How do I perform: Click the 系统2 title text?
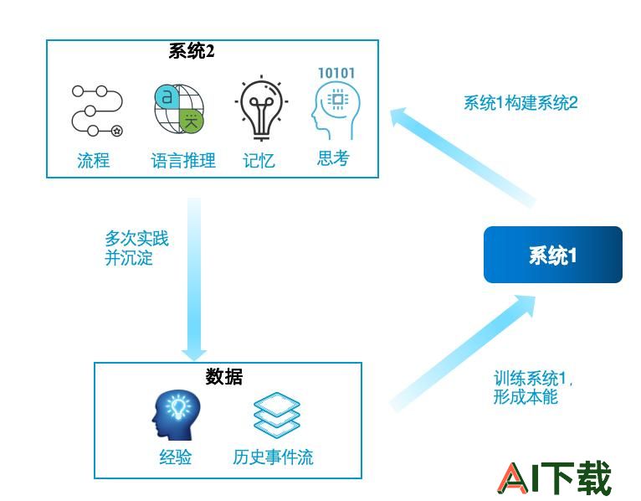[x=192, y=52]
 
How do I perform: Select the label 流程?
[x=94, y=160]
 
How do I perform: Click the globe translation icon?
[x=179, y=109]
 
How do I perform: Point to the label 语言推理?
[x=183, y=161]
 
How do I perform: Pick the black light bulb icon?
[x=261, y=107]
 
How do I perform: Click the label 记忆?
[x=259, y=161]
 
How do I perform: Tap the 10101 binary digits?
[x=336, y=73]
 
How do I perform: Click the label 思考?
[x=334, y=158]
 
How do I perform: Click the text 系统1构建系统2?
[x=520, y=102]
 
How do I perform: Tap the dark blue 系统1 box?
[x=553, y=255]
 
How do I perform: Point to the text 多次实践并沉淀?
[x=136, y=248]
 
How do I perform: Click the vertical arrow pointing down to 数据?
[x=194, y=279]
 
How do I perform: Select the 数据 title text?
[x=224, y=376]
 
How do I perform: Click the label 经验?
[x=176, y=457]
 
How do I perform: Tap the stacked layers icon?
[x=277, y=416]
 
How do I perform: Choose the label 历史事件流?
[x=273, y=457]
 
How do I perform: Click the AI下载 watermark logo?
[x=555, y=478]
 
